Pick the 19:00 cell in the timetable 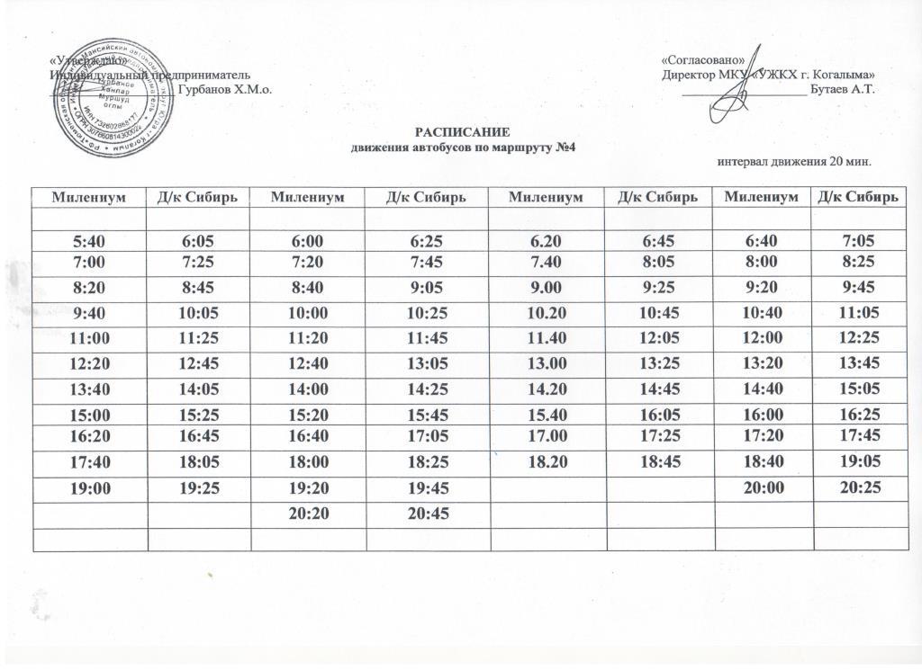coord(87,491)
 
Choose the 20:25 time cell coord(857,491)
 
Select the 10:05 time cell coord(197,315)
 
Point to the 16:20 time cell coord(87,438)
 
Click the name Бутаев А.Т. coord(844,89)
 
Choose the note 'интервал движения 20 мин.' coord(796,163)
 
